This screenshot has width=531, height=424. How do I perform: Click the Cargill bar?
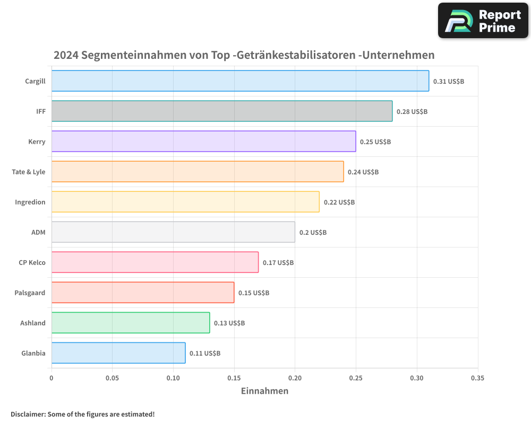[240, 81]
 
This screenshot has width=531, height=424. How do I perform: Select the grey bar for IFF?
[222, 111]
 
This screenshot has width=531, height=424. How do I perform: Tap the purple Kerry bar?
[203, 142]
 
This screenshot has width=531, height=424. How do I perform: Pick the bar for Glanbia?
[118, 353]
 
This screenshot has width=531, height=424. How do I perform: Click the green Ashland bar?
[131, 323]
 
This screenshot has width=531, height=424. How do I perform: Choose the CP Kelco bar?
[155, 262]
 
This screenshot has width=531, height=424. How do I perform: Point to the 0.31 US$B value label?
[449, 82]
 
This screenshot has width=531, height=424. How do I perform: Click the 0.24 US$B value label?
[363, 172]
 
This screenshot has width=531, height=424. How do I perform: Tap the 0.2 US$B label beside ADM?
[313, 233]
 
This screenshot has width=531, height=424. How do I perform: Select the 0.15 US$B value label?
[254, 293]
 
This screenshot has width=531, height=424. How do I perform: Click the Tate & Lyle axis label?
[29, 172]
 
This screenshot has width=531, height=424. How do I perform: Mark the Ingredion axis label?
[30, 202]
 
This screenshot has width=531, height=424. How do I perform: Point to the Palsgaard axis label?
[30, 293]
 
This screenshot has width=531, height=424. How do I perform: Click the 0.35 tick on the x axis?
[477, 378]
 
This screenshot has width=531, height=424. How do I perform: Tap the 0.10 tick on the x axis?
[173, 378]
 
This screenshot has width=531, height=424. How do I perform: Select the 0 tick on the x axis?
[52, 378]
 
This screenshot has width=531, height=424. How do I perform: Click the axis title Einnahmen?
[264, 391]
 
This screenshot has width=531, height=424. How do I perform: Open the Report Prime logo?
[483, 21]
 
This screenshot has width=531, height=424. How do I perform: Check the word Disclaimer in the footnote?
[28, 414]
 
